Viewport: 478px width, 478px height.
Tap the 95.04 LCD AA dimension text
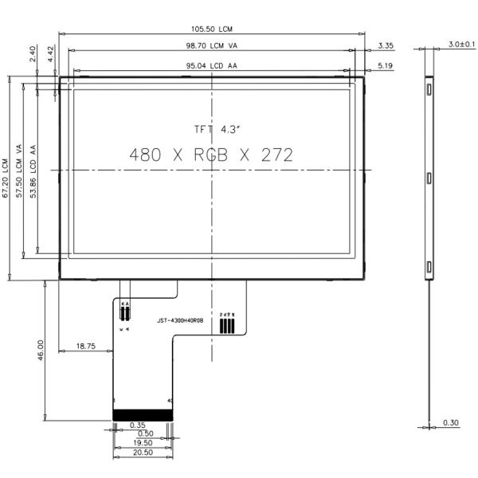[212, 66]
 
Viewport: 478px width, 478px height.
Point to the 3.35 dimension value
[386, 45]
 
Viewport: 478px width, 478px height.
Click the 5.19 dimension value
[386, 65]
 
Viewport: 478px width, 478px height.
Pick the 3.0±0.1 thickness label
[461, 44]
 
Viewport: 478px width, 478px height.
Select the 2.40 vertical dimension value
[33, 54]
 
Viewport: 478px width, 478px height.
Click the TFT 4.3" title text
[211, 128]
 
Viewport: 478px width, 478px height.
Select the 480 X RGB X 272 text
[211, 155]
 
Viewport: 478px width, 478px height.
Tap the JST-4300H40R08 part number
[180, 320]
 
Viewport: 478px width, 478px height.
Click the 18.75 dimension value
[86, 346]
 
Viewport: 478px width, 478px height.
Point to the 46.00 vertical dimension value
[40, 351]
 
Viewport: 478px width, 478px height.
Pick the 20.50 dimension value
[142, 452]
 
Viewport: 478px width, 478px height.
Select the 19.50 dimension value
[142, 442]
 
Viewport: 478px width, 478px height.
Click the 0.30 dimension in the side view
[450, 422]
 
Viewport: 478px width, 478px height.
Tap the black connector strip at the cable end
[143, 415]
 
